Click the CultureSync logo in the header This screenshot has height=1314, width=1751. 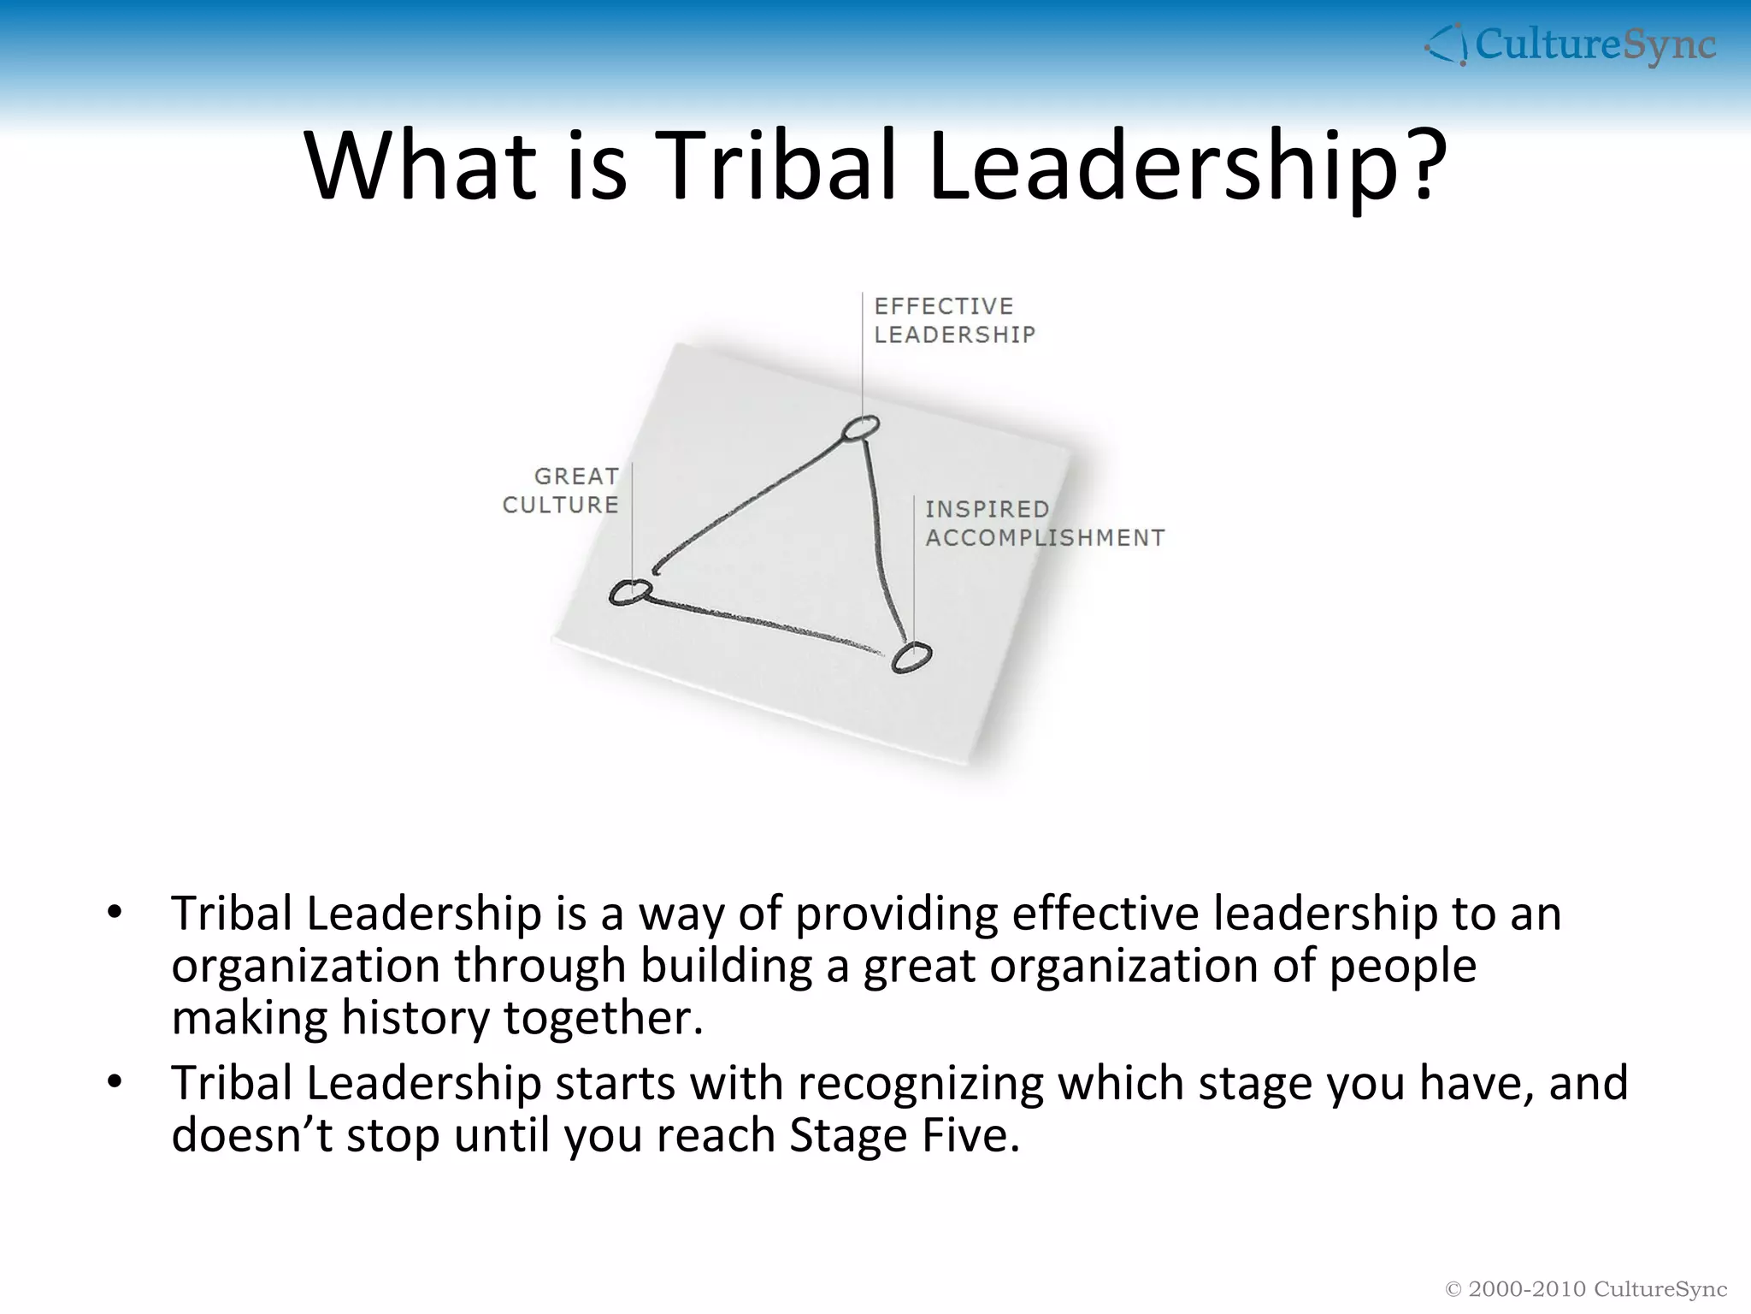(x=1570, y=44)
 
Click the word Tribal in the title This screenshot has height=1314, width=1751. (x=781, y=166)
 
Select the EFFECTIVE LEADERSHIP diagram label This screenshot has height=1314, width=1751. (x=954, y=320)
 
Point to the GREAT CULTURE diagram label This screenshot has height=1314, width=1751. (x=561, y=490)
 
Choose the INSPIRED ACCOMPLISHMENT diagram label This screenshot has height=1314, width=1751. (x=1044, y=523)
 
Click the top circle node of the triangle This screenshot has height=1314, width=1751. (x=860, y=428)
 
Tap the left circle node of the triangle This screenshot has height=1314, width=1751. (x=630, y=592)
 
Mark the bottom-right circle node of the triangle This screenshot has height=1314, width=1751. (x=911, y=657)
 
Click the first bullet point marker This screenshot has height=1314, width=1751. (x=115, y=912)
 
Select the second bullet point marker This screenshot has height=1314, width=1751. (x=115, y=1082)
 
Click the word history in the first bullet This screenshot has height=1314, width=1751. (x=415, y=1018)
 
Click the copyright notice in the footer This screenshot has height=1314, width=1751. (x=1585, y=1289)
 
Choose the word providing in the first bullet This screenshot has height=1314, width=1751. (x=896, y=914)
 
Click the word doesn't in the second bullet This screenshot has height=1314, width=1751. (x=251, y=1135)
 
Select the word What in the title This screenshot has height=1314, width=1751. (x=421, y=166)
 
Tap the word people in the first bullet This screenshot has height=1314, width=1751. (x=1402, y=967)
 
